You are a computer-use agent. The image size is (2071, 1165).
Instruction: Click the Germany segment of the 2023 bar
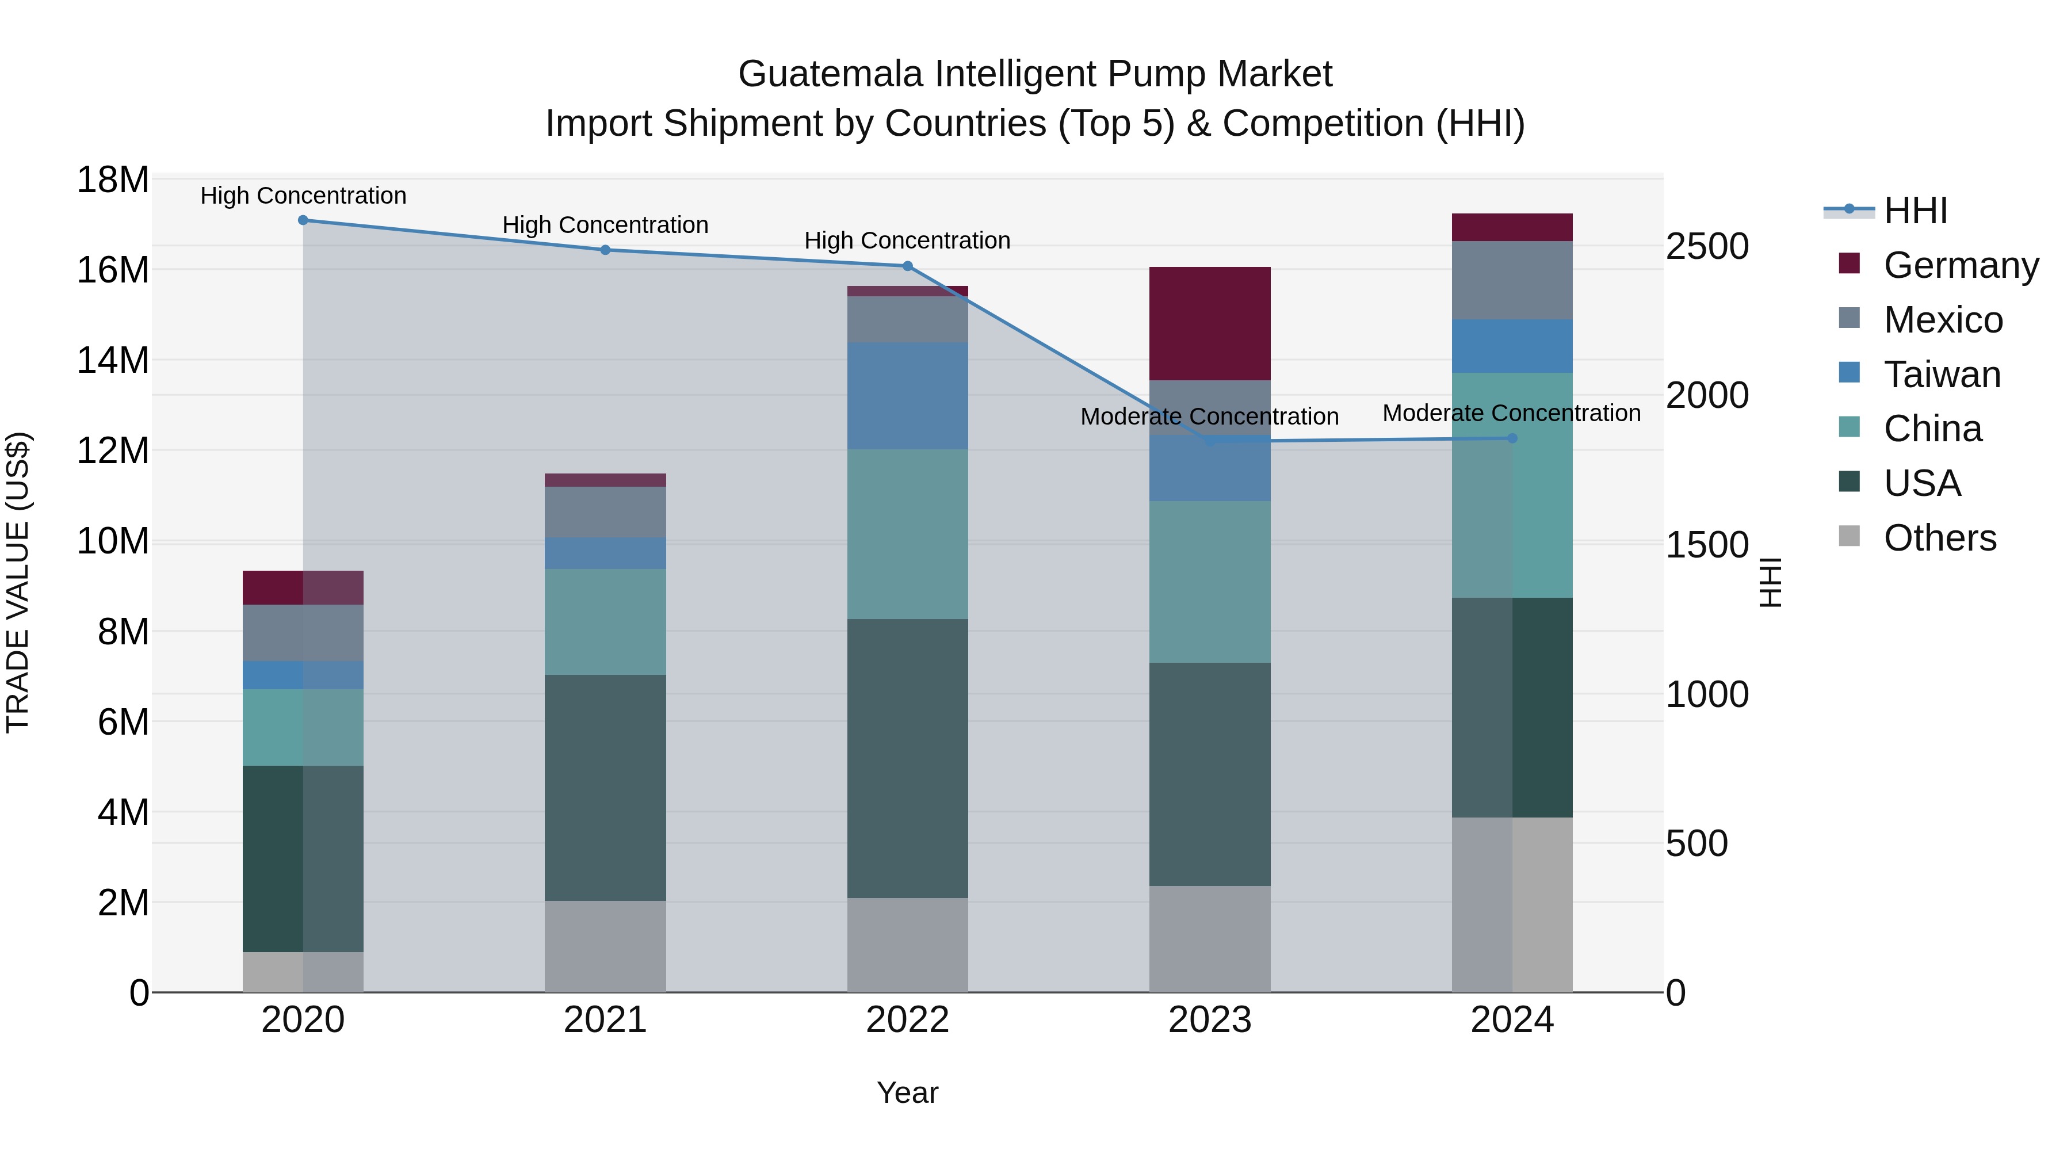tap(1209, 323)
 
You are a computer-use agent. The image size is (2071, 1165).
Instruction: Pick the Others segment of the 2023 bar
tap(1209, 938)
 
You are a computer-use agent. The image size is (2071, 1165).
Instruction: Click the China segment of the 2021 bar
tap(605, 621)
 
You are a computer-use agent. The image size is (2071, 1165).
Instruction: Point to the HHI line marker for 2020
tap(303, 220)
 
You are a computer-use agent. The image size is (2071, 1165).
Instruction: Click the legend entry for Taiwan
tap(1941, 375)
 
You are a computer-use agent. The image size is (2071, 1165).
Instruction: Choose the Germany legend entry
tap(1960, 265)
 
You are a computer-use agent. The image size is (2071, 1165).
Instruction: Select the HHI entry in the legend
tap(1915, 211)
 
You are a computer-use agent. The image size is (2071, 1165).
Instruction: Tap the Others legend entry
tap(1939, 538)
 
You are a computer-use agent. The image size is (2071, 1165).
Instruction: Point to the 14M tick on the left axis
tap(113, 360)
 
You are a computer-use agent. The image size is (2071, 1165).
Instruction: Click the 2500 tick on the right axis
tap(1706, 246)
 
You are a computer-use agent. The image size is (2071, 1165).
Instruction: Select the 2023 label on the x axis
tap(1209, 1020)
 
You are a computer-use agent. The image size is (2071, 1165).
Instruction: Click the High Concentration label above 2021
tap(605, 225)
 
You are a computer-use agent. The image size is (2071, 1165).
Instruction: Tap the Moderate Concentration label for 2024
tap(1511, 413)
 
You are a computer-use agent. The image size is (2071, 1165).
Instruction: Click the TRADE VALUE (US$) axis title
tap(18, 582)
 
